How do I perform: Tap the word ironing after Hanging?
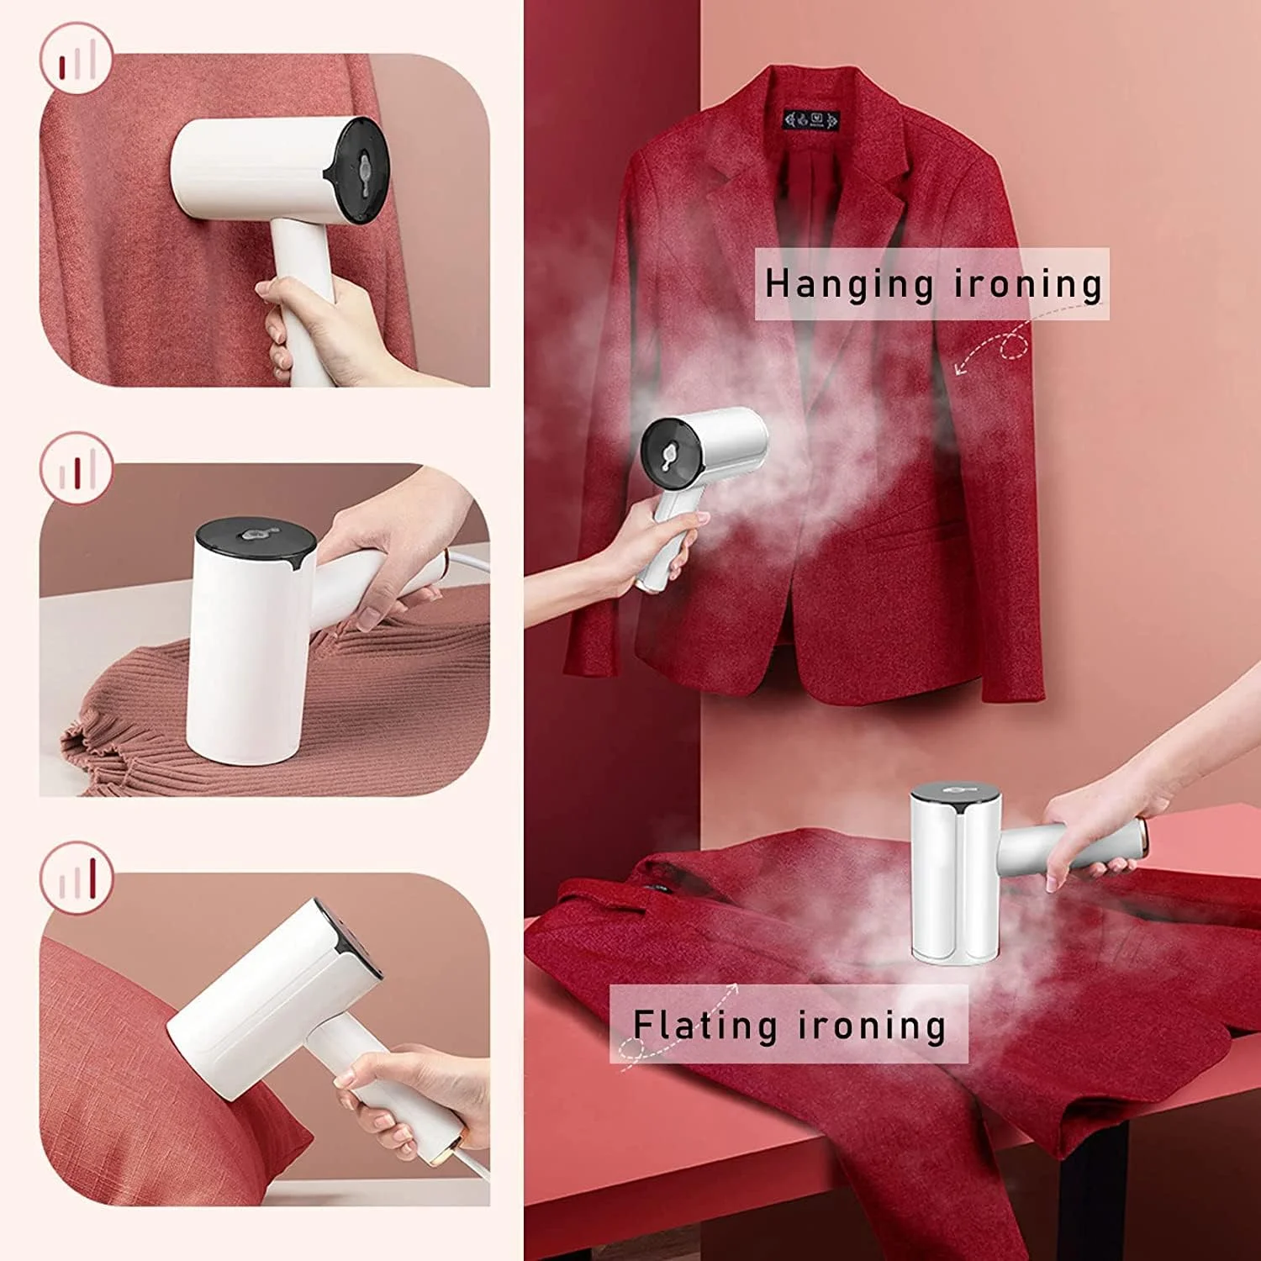1028,284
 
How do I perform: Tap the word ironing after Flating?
872,1026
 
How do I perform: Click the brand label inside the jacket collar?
811,119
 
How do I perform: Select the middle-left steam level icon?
76,468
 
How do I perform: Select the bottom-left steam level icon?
76,878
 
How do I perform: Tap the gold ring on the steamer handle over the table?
1143,836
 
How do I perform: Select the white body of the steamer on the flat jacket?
955,878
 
